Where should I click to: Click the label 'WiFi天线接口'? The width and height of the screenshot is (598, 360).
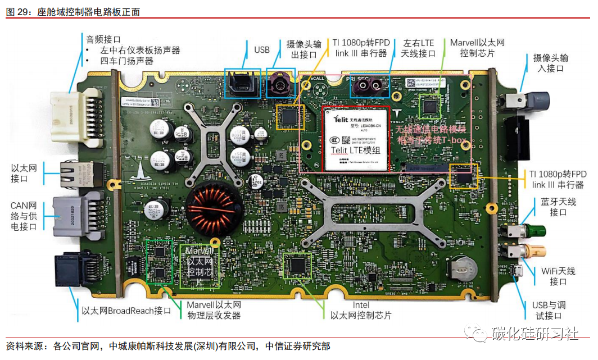click(x=558, y=276)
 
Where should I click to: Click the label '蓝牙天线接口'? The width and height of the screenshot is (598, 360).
click(x=558, y=207)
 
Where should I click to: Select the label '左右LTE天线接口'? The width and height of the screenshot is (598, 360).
click(x=418, y=48)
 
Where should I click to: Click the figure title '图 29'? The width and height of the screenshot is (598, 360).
click(x=20, y=11)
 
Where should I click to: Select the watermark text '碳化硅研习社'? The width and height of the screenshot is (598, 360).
click(x=534, y=334)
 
